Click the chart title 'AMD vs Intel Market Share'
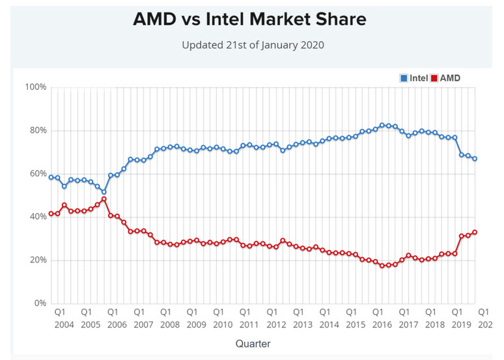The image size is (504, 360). [249, 20]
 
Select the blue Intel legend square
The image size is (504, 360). [404, 78]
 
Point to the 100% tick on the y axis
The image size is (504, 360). [36, 87]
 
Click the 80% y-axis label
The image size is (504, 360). [38, 130]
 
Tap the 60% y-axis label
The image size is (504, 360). [38, 174]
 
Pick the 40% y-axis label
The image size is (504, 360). [38, 217]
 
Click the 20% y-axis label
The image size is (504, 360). [38, 260]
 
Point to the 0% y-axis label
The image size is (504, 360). [40, 303]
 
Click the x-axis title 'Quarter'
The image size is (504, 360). [253, 343]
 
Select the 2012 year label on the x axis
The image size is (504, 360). [276, 324]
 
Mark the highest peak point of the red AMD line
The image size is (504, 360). [104, 199]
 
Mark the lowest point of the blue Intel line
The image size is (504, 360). [104, 192]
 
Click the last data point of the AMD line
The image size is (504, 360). [474, 232]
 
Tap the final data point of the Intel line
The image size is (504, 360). [474, 159]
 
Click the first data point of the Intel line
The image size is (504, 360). [51, 177]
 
